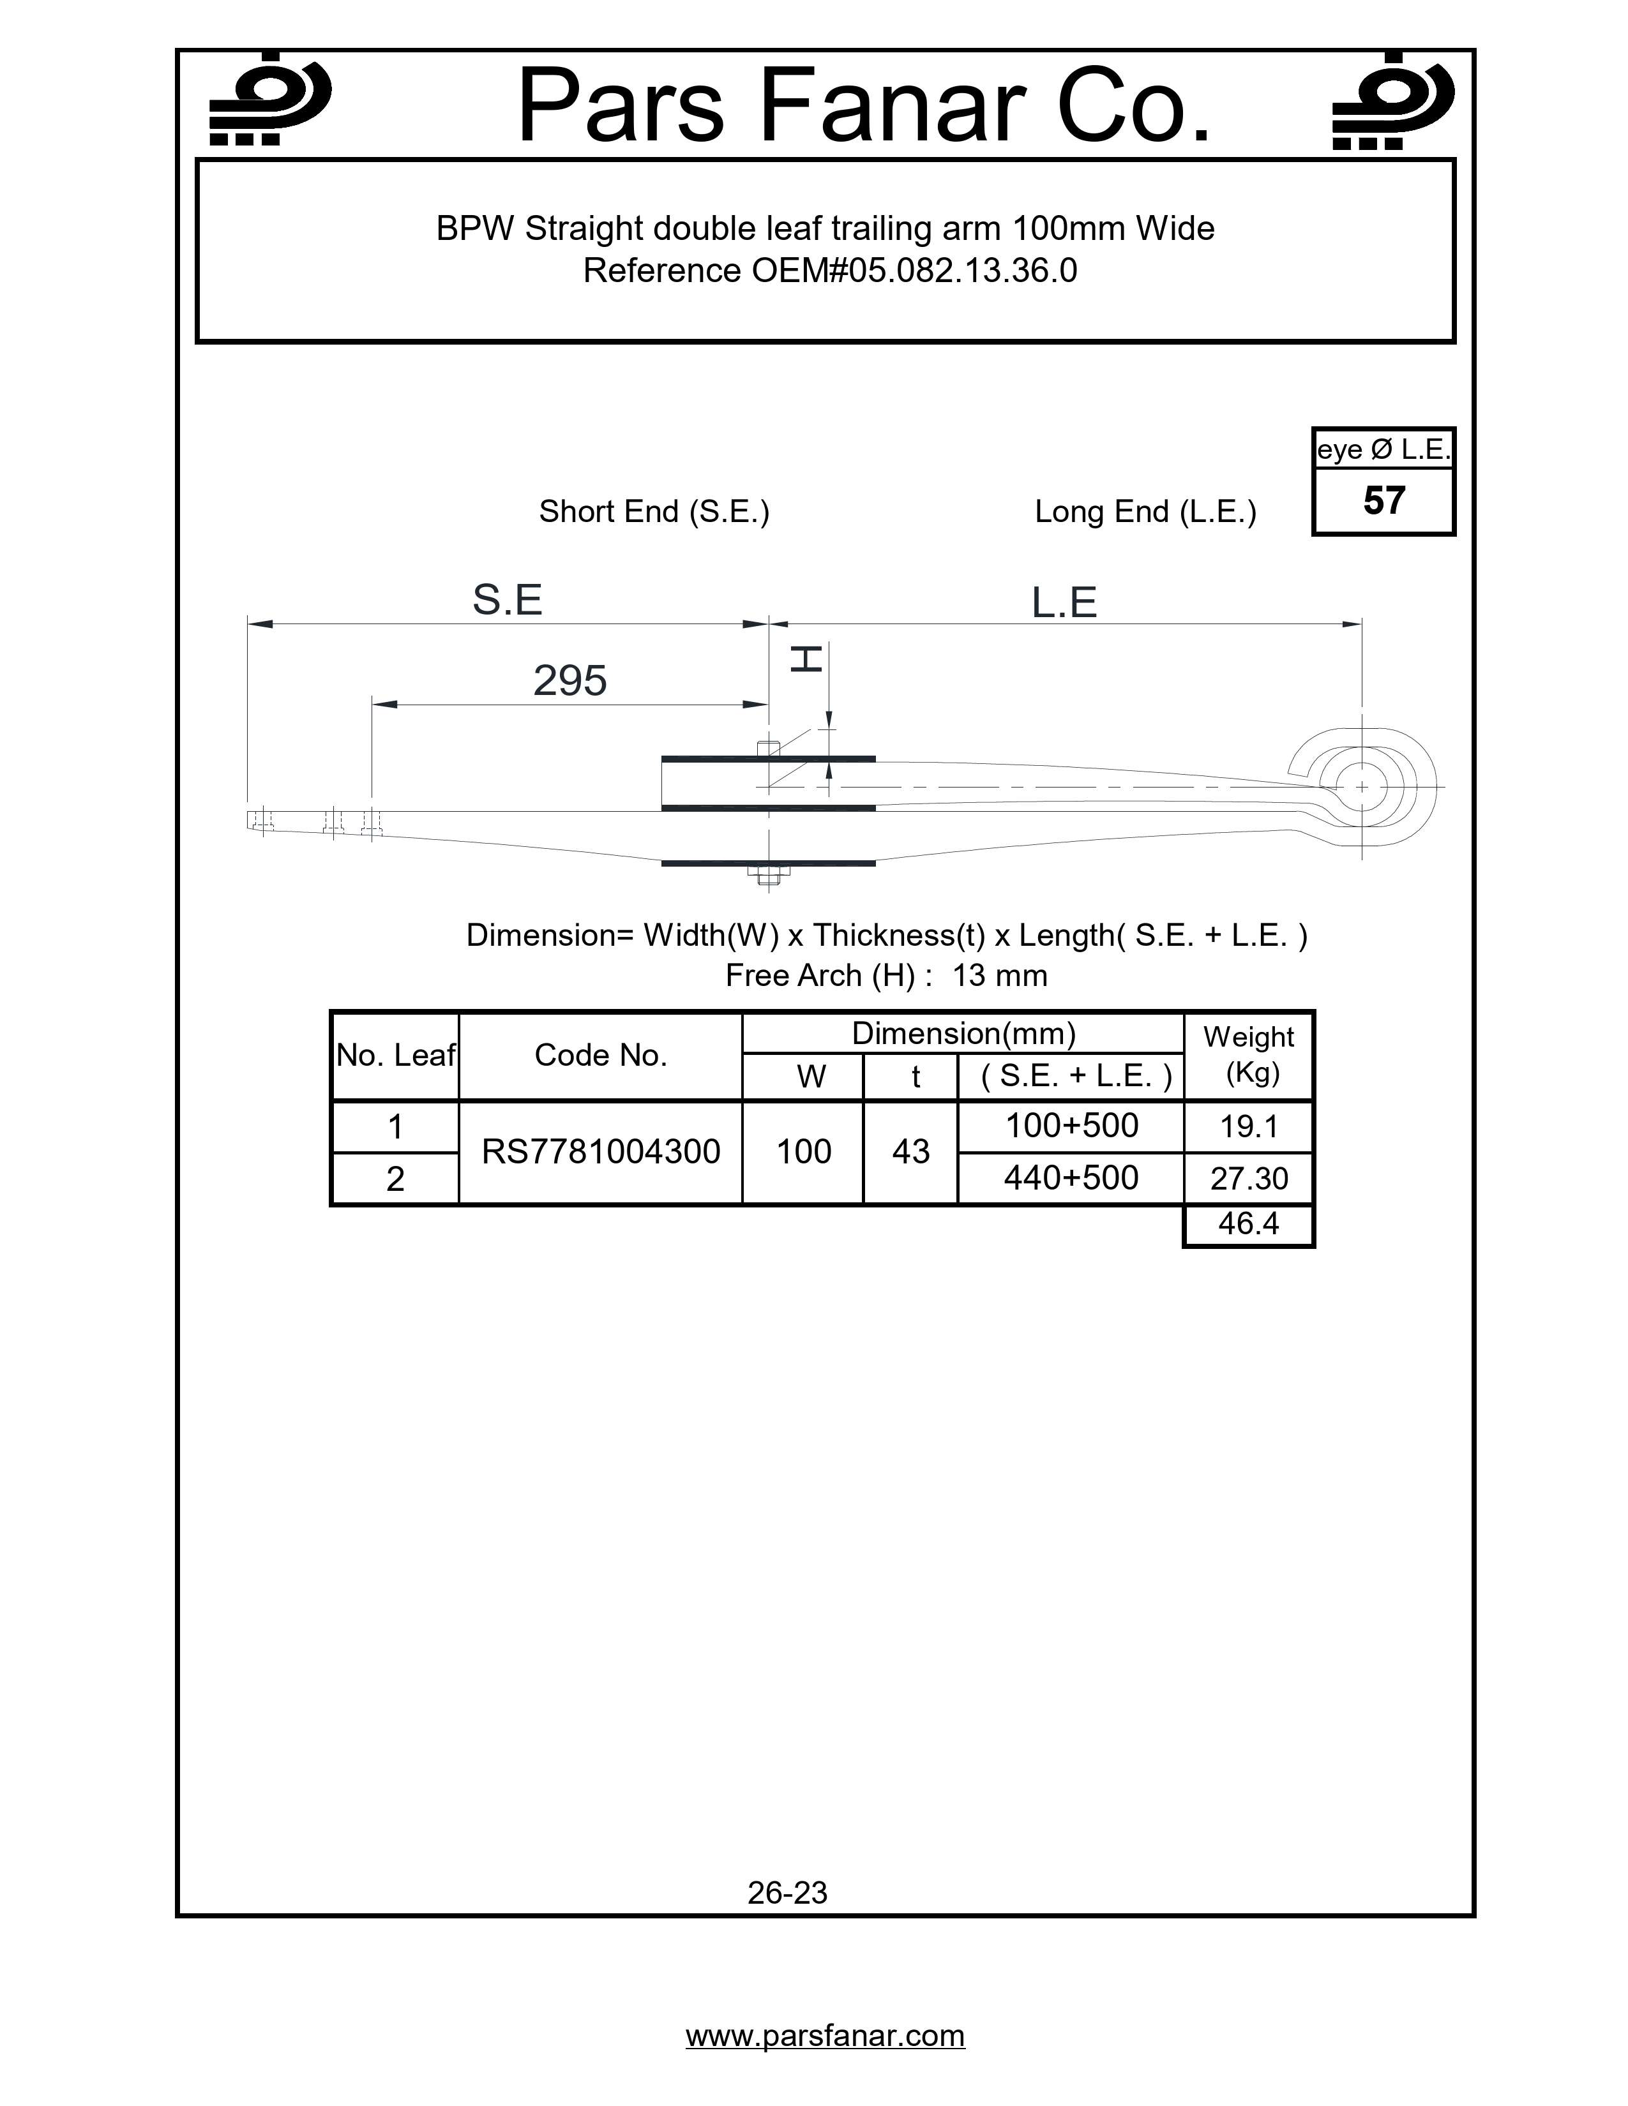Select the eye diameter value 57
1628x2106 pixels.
point(1383,500)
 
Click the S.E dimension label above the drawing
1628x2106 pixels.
point(508,600)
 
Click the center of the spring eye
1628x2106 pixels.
point(1361,787)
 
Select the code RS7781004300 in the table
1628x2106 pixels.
point(600,1151)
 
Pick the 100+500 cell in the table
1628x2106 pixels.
point(1071,1125)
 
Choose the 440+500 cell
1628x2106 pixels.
point(1071,1177)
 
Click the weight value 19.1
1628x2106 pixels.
point(1248,1126)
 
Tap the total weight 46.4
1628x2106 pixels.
point(1248,1223)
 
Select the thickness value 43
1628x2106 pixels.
point(910,1151)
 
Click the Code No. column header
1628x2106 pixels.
point(600,1055)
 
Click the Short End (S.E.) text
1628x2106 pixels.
point(654,511)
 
